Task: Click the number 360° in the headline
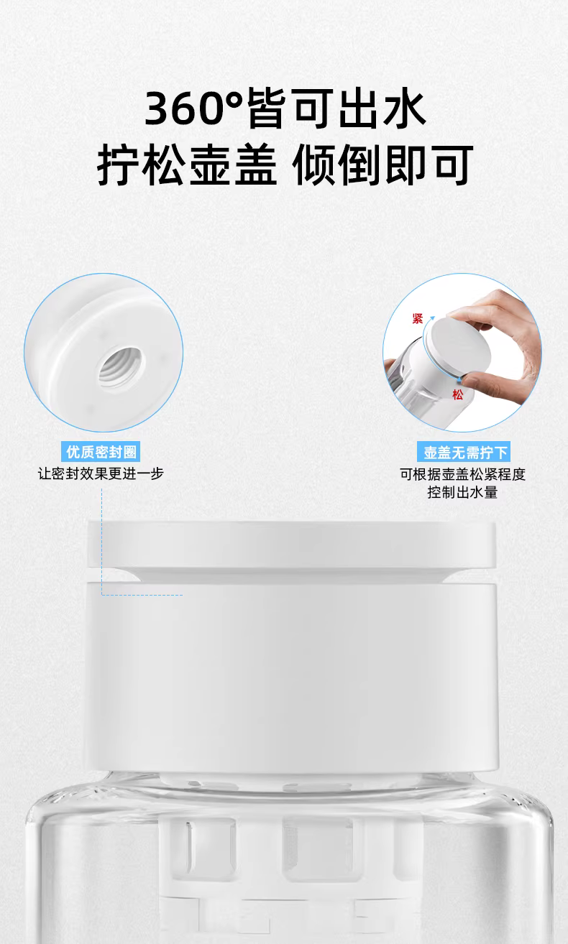(194, 108)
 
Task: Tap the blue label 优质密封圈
(101, 452)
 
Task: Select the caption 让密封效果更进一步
(101, 473)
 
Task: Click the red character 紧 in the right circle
(418, 318)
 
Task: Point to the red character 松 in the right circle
(457, 394)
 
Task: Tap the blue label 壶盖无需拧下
(464, 452)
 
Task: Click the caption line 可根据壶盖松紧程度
(462, 474)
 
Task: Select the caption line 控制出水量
(462, 492)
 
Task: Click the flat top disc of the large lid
(291, 545)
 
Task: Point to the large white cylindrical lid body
(291, 677)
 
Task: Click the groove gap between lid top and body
(291, 575)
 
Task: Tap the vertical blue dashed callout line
(101, 542)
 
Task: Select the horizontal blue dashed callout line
(142, 595)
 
